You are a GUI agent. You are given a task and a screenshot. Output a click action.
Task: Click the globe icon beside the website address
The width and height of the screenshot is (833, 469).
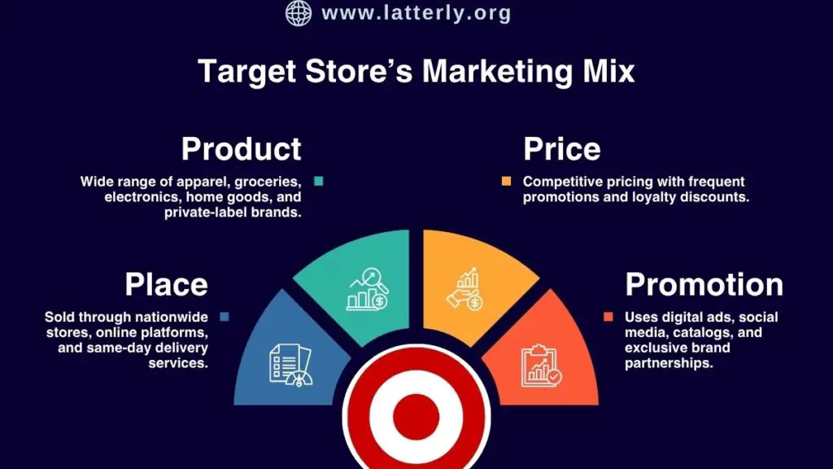pos(299,13)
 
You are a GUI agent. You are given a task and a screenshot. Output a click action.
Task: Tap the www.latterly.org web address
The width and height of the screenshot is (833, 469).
pos(416,13)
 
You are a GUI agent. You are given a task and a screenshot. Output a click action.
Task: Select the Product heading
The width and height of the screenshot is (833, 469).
pos(241,149)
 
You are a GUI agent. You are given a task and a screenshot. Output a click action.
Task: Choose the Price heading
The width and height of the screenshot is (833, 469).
pos(561,149)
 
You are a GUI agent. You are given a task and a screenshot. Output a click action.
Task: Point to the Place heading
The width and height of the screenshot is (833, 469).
pos(166,284)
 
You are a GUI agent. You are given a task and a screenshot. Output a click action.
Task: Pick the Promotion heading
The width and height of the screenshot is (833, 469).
pos(704,284)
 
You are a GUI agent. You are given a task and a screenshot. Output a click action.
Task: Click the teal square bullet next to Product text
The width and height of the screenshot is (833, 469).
pos(319,182)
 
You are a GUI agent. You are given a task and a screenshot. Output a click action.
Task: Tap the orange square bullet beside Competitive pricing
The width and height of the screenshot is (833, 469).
pos(507,182)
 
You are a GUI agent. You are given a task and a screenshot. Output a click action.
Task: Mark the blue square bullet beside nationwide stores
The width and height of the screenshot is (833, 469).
pos(224,317)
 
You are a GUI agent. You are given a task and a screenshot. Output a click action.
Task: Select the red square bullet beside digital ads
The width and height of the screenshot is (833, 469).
pos(608,317)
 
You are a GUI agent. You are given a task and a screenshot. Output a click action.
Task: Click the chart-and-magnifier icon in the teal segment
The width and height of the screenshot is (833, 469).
pos(369,288)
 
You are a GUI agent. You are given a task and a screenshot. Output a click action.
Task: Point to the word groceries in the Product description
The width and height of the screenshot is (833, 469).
pos(267,182)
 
